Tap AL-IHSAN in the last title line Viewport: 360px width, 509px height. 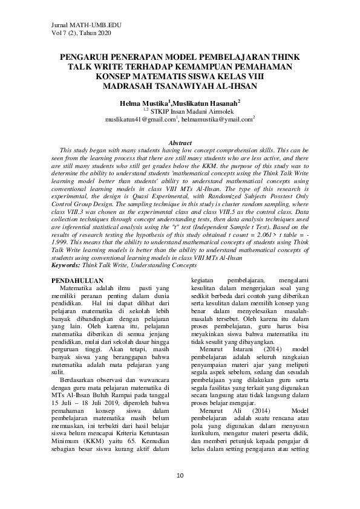[x=233, y=85]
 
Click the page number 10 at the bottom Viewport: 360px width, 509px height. [x=180, y=476]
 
